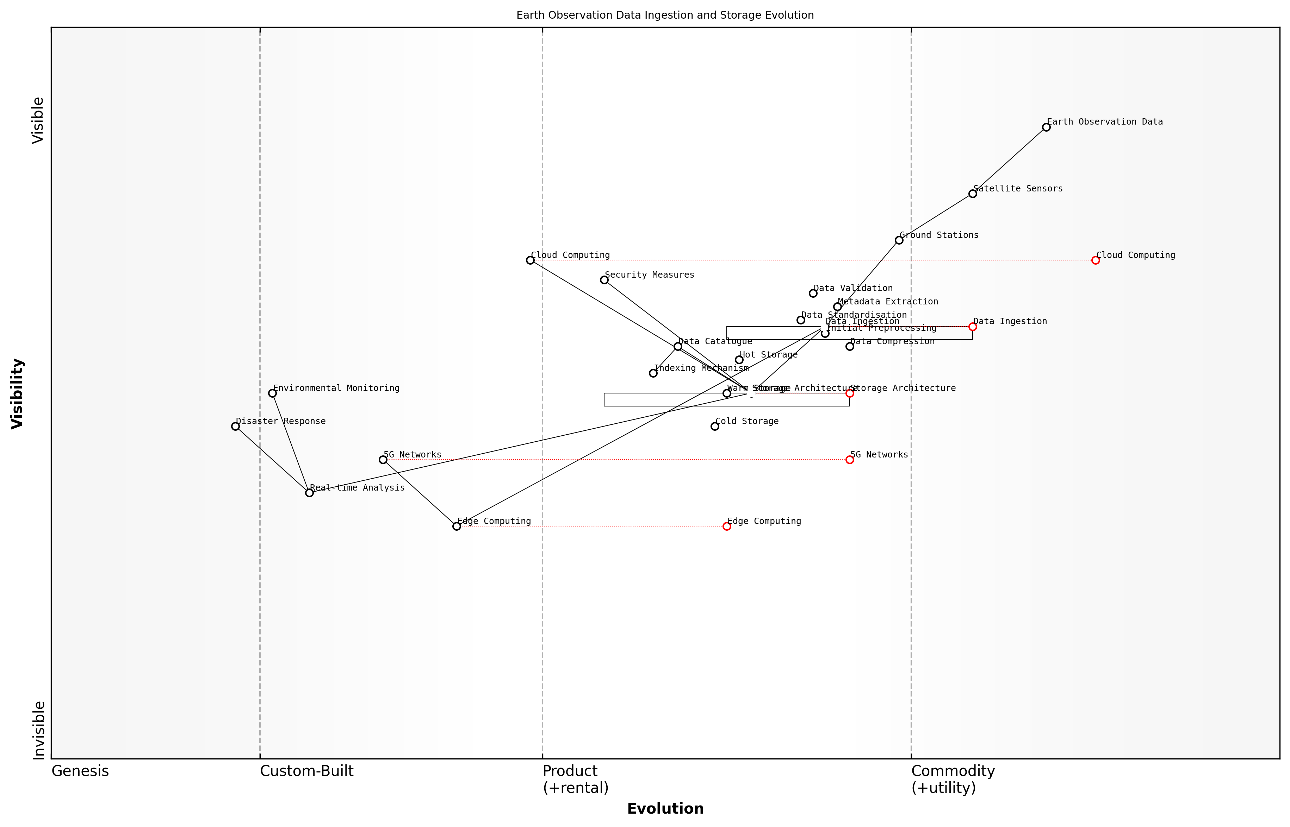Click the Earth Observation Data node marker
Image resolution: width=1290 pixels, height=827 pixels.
[1046, 127]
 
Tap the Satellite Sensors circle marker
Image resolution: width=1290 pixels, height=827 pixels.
[972, 194]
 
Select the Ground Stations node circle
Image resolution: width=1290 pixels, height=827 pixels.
[899, 240]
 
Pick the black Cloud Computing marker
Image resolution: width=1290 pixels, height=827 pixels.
[530, 260]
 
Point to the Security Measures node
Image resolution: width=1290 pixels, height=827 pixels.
[604, 280]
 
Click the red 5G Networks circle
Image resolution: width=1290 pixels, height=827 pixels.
[850, 460]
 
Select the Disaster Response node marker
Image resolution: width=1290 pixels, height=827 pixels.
[235, 427]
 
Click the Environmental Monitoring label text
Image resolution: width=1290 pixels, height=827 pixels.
[336, 388]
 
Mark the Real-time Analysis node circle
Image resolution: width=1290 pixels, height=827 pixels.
[309, 492]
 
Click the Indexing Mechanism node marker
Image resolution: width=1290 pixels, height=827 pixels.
[653, 373]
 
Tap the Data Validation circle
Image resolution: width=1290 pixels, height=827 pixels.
[813, 293]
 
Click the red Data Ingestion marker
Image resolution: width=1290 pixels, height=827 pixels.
[972, 327]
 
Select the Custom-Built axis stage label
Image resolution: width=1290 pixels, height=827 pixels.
[306, 771]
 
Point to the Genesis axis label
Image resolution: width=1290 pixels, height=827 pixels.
[80, 771]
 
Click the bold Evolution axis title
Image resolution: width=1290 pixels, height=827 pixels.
[665, 809]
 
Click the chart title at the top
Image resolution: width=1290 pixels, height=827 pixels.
[665, 15]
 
